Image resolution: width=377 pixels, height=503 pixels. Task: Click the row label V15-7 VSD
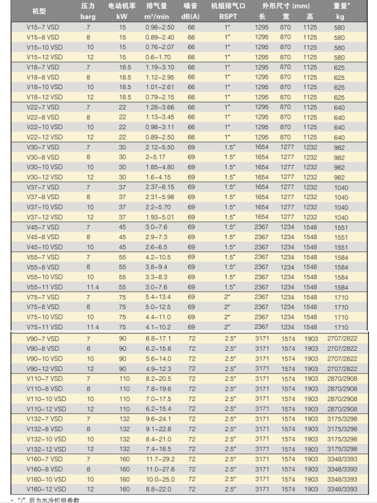click(x=43, y=27)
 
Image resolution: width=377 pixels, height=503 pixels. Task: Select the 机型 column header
click(x=39, y=12)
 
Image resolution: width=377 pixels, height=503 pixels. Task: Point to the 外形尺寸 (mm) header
click(x=286, y=6)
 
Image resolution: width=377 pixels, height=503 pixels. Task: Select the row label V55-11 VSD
click(x=45, y=287)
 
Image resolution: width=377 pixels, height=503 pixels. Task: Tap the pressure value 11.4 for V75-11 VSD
click(x=93, y=327)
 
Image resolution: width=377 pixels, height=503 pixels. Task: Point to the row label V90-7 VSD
click(x=43, y=339)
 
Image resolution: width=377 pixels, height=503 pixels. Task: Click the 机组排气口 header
click(x=229, y=6)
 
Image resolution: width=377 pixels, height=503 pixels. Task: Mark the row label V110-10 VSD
click(x=47, y=399)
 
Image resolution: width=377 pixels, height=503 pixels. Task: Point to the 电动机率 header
click(x=122, y=6)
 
